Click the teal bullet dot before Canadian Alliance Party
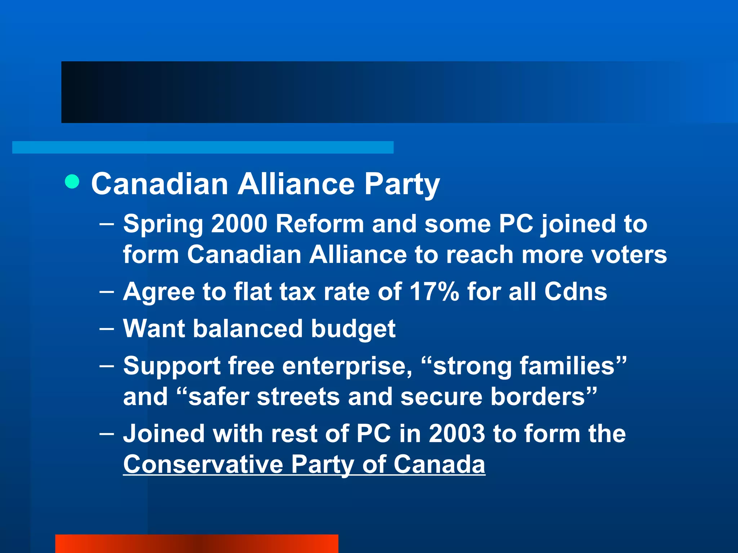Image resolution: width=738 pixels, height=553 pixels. (72, 181)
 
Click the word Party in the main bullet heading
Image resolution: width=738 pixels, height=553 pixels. (402, 184)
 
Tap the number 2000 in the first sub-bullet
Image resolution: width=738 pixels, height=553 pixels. (239, 224)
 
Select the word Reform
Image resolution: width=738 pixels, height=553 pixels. (320, 224)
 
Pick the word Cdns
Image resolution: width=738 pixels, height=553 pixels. (575, 292)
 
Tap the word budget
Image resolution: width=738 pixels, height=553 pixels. (353, 329)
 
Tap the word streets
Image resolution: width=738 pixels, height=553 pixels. (298, 397)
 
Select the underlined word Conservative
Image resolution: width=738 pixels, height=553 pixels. (203, 464)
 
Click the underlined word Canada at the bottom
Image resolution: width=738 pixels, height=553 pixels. (439, 464)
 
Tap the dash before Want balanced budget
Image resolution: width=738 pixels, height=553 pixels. (107, 328)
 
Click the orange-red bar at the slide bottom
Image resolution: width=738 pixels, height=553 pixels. (197, 544)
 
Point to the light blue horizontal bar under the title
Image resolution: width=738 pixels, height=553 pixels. (203, 147)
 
